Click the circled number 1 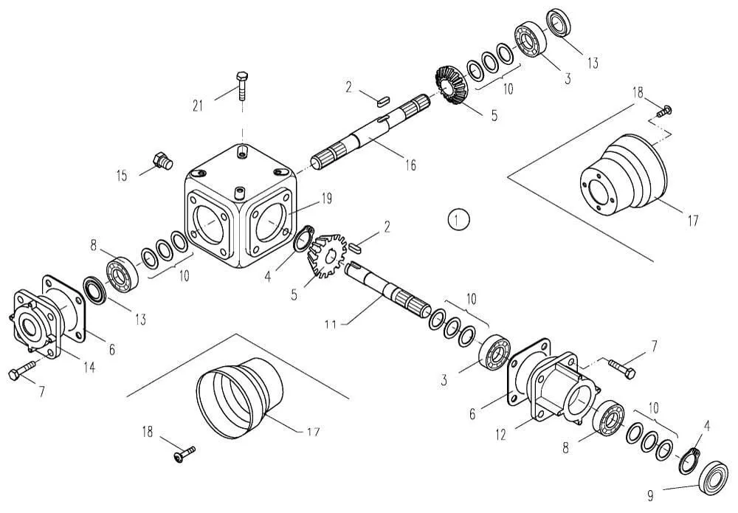click(459, 219)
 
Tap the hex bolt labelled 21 click(242, 86)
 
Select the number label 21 click(198, 106)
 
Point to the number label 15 click(122, 176)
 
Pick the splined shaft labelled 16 click(371, 132)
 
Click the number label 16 click(410, 165)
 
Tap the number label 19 click(325, 199)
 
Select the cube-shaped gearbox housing click(241, 205)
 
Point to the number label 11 click(331, 324)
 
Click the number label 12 click(500, 435)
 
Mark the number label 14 click(89, 367)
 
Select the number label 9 click(650, 495)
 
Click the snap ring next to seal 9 click(690, 462)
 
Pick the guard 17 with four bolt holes click(623, 175)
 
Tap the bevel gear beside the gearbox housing click(326, 255)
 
